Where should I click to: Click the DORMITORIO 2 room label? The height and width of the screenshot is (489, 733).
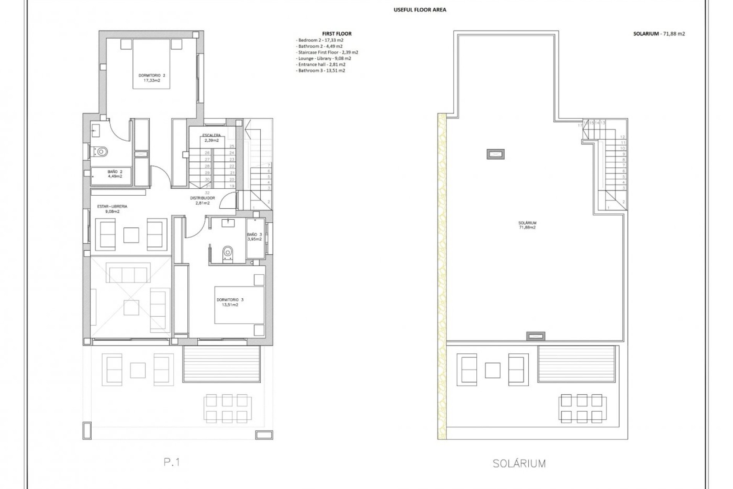point(152,78)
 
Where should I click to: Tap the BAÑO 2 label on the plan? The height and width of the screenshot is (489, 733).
point(115,174)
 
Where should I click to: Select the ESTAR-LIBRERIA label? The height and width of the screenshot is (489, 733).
point(112,209)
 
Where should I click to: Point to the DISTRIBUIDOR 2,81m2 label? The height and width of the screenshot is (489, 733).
point(202,201)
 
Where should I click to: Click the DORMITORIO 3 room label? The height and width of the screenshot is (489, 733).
point(230,302)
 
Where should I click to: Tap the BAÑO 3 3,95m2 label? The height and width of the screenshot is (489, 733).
point(254,237)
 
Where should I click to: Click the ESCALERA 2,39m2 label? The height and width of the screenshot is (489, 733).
point(211,138)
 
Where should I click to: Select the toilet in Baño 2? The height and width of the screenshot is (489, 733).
point(101,152)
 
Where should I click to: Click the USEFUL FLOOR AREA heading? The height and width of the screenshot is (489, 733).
point(420,10)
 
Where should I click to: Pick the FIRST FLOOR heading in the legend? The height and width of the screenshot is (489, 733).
point(337,34)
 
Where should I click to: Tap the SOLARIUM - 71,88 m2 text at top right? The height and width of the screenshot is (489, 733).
point(659,34)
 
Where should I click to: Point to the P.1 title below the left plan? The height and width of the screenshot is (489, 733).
point(172,462)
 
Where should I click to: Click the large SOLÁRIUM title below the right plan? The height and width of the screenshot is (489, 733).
point(519,464)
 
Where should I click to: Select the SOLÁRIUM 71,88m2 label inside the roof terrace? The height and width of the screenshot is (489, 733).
point(527,225)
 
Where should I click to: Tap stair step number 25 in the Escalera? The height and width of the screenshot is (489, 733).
point(232,146)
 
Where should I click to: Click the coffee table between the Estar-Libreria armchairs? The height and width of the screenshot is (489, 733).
point(131,235)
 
